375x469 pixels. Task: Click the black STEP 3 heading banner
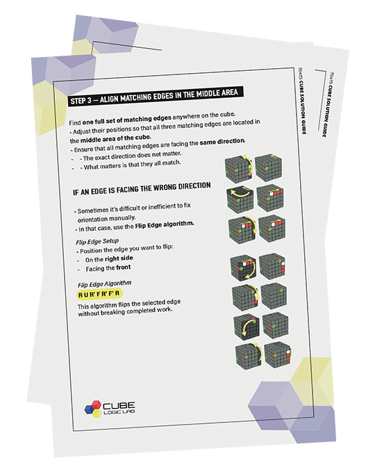point(156,97)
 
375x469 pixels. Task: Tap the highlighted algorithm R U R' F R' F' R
point(99,294)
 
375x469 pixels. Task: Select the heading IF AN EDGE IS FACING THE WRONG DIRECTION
point(142,188)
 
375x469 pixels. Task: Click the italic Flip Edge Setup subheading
point(97,241)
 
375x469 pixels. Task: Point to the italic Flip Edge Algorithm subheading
point(104,283)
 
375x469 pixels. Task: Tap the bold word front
point(123,268)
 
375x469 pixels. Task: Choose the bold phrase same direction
point(222,141)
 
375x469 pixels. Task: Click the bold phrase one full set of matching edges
point(127,120)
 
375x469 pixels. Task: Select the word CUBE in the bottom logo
point(119,405)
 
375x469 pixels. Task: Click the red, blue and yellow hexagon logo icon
point(93,409)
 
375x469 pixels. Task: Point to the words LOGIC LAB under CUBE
point(119,412)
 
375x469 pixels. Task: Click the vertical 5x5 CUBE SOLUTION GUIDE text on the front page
point(301,101)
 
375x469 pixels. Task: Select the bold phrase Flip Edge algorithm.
point(164,224)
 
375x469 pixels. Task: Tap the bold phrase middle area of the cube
point(116,138)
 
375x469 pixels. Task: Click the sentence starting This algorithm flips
point(129,307)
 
